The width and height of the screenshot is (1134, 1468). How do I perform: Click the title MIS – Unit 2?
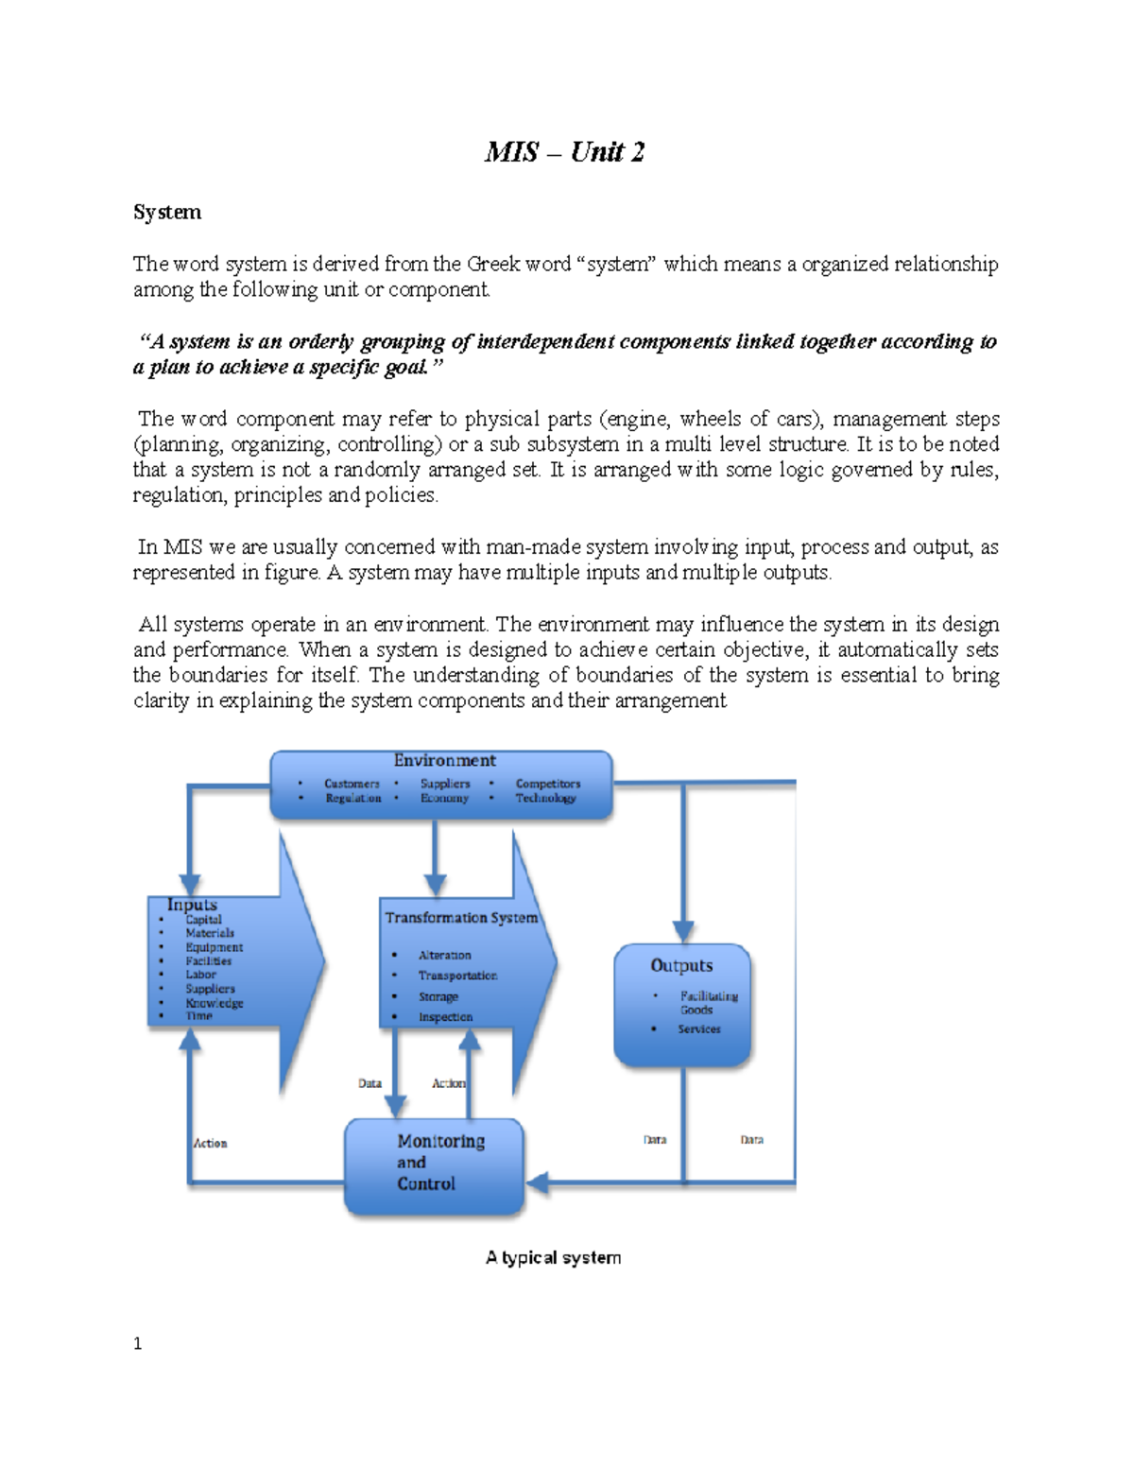click(564, 152)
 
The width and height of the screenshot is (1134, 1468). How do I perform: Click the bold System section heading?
click(167, 212)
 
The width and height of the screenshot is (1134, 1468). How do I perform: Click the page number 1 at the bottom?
click(138, 1343)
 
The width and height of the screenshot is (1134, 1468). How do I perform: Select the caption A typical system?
click(553, 1257)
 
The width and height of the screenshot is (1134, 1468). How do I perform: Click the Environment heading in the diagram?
click(444, 761)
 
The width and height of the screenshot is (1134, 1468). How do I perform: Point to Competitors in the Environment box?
click(548, 784)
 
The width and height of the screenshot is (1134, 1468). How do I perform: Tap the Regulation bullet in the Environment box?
click(353, 798)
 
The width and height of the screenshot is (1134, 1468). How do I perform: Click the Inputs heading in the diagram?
click(192, 905)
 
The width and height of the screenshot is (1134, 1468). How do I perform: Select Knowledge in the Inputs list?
click(215, 1003)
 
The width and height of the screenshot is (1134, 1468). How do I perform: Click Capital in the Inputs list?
click(203, 920)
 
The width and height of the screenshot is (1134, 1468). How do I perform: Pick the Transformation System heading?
click(461, 918)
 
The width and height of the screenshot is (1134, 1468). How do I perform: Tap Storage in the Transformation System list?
click(438, 996)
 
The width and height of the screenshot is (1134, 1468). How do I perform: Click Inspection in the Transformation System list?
click(445, 1017)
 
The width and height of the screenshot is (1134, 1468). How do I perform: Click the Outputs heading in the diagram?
click(680, 965)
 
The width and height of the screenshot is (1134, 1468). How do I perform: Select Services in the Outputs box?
click(699, 1028)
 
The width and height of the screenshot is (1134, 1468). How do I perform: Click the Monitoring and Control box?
click(435, 1167)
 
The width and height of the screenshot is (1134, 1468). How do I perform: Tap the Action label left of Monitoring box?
click(210, 1143)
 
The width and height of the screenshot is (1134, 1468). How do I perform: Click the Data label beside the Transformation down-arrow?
click(369, 1083)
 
